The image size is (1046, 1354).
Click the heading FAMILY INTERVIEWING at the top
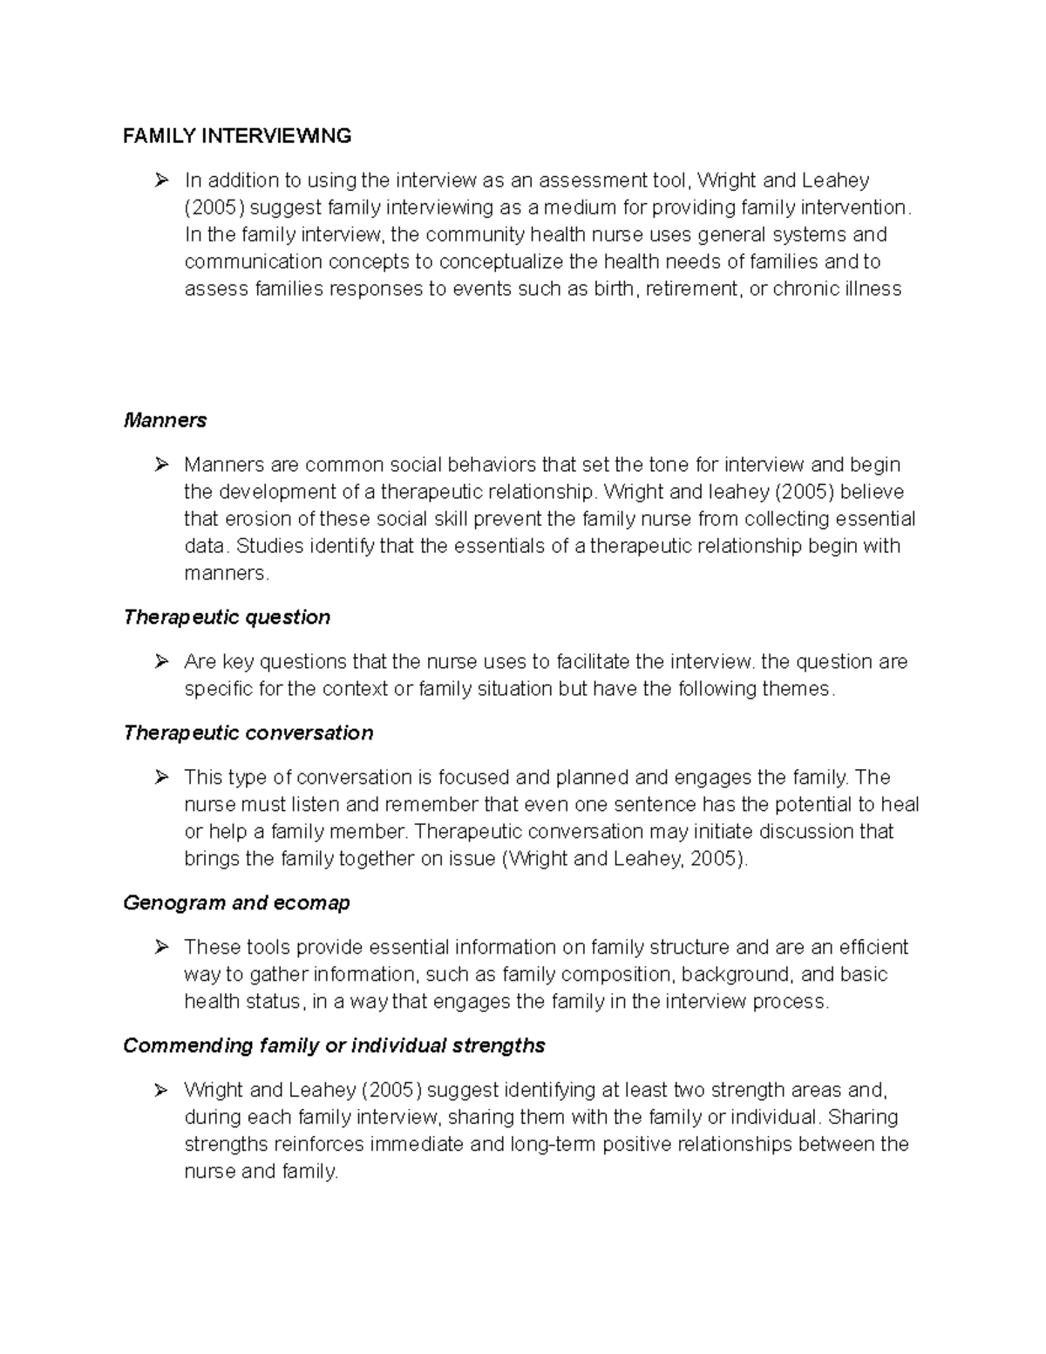237,136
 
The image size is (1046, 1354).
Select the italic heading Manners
165,420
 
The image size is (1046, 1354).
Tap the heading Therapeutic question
227,617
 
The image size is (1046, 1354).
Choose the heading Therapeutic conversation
248,732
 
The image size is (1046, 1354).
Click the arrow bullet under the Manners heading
160,465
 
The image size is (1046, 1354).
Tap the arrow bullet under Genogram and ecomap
160,947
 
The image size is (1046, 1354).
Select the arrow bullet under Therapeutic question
160,662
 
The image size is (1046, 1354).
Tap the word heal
900,804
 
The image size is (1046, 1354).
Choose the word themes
796,689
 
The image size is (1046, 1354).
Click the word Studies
273,546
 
